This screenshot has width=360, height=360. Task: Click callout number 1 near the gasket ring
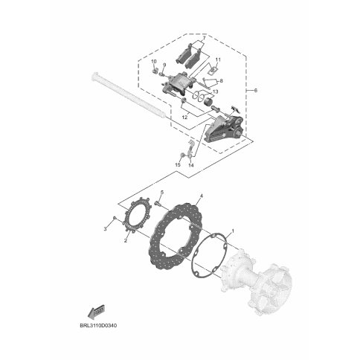tap(233, 231)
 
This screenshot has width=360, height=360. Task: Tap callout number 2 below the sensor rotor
tap(126, 240)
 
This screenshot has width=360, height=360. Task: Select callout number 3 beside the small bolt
tap(106, 229)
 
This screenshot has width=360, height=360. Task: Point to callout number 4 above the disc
tap(202, 196)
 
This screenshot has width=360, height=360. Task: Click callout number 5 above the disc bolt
tap(162, 193)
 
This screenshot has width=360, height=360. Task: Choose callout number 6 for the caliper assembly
tap(256, 90)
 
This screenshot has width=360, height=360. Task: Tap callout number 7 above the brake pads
tap(204, 38)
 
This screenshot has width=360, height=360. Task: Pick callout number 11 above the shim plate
tap(218, 60)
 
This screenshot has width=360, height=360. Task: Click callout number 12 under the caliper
tap(184, 118)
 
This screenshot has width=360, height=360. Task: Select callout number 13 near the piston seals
tap(215, 92)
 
